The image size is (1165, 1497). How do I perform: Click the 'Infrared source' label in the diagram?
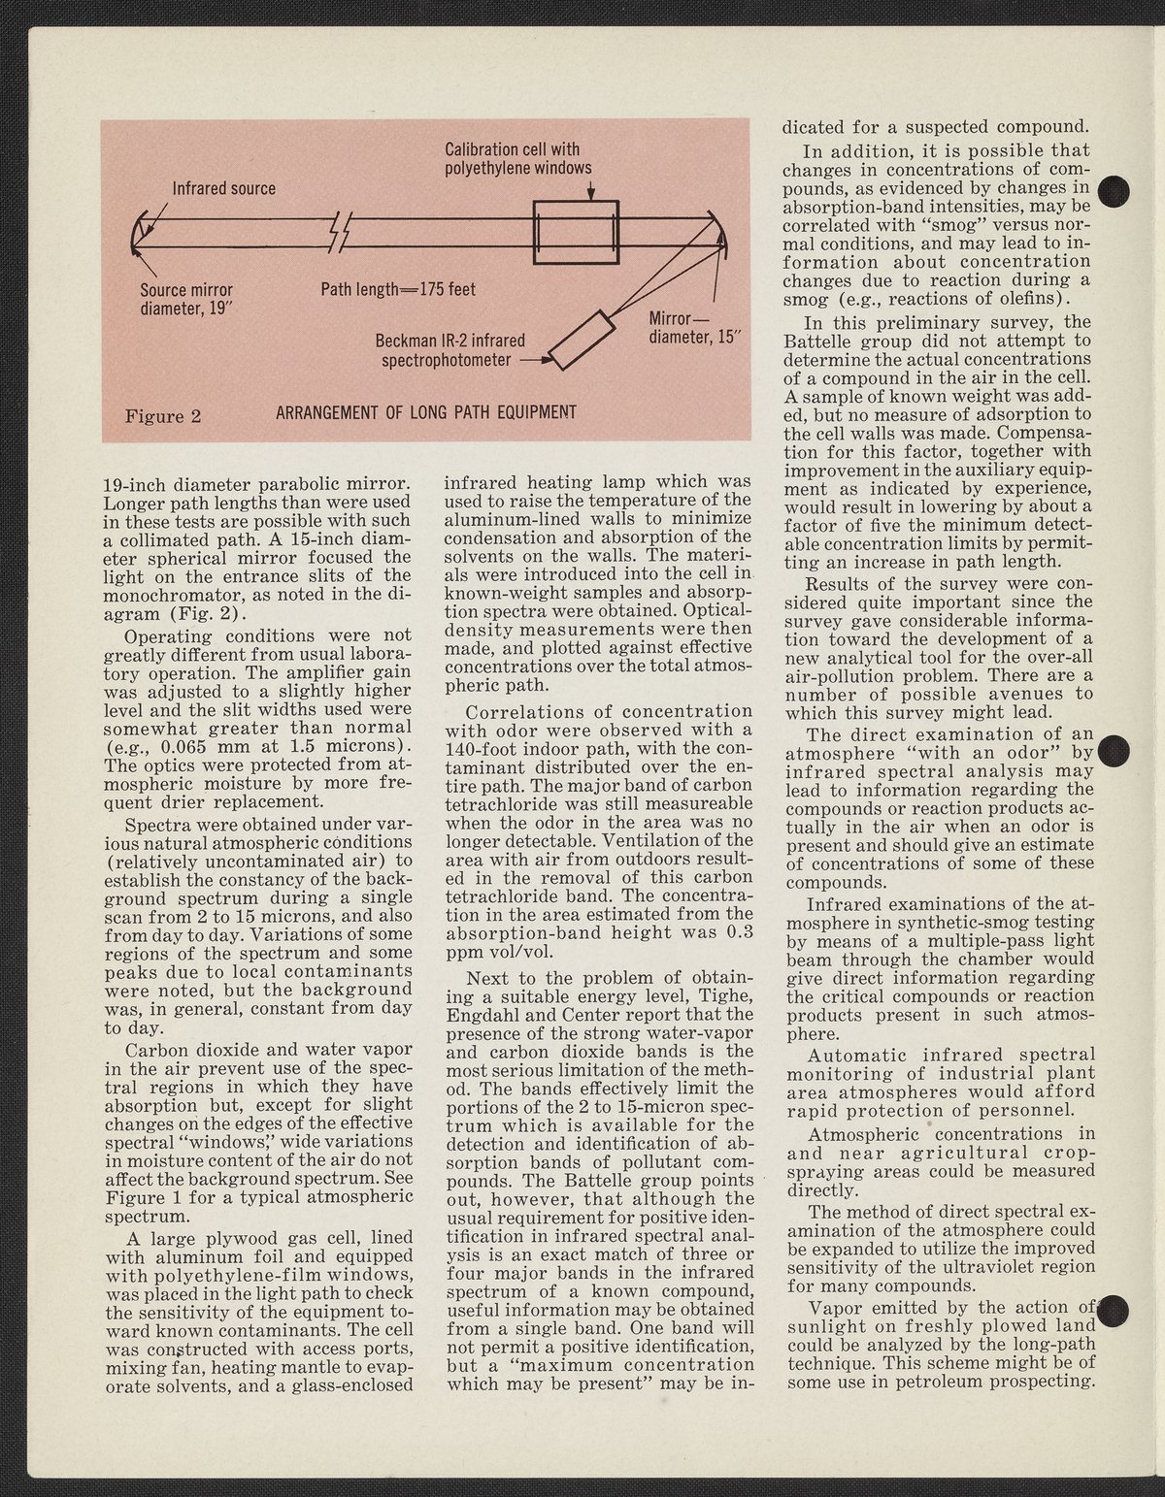point(223,187)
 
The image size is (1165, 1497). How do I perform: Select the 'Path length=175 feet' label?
point(398,289)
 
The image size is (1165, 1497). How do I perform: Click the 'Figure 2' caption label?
point(163,416)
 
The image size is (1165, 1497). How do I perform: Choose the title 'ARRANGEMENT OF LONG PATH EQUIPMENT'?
point(426,412)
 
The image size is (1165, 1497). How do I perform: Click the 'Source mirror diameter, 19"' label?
point(186,299)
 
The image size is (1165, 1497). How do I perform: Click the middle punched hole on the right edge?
point(1113,750)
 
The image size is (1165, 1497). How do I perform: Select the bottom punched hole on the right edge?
point(1113,1310)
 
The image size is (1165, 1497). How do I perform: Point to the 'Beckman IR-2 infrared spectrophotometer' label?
point(449,350)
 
